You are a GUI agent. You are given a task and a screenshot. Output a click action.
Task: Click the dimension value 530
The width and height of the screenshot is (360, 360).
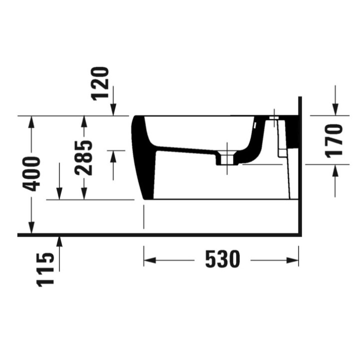[x=222, y=259]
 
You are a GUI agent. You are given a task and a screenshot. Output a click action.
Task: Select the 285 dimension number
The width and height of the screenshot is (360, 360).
[x=83, y=157]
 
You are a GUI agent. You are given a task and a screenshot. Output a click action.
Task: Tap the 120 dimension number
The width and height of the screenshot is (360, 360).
[x=100, y=83]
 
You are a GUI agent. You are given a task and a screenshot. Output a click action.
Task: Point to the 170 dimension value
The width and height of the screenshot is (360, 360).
[x=334, y=140]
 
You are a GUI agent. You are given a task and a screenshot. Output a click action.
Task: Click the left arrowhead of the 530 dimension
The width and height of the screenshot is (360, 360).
[x=148, y=259]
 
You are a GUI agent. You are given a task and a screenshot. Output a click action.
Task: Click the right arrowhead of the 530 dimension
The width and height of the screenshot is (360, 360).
[x=295, y=259]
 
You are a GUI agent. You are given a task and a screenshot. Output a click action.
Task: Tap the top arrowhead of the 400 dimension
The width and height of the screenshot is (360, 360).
[x=31, y=120]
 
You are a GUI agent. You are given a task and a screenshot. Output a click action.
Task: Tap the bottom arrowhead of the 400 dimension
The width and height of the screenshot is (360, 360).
[x=31, y=229]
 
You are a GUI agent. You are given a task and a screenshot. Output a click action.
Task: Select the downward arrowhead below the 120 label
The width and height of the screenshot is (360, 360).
[x=113, y=111]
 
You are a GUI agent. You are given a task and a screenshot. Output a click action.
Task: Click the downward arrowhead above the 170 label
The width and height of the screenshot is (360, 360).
[x=334, y=110]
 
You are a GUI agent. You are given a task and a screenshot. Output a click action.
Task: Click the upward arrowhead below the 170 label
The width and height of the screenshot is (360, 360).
[x=334, y=168]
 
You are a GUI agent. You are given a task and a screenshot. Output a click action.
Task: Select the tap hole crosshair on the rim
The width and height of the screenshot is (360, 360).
[x=274, y=117]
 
